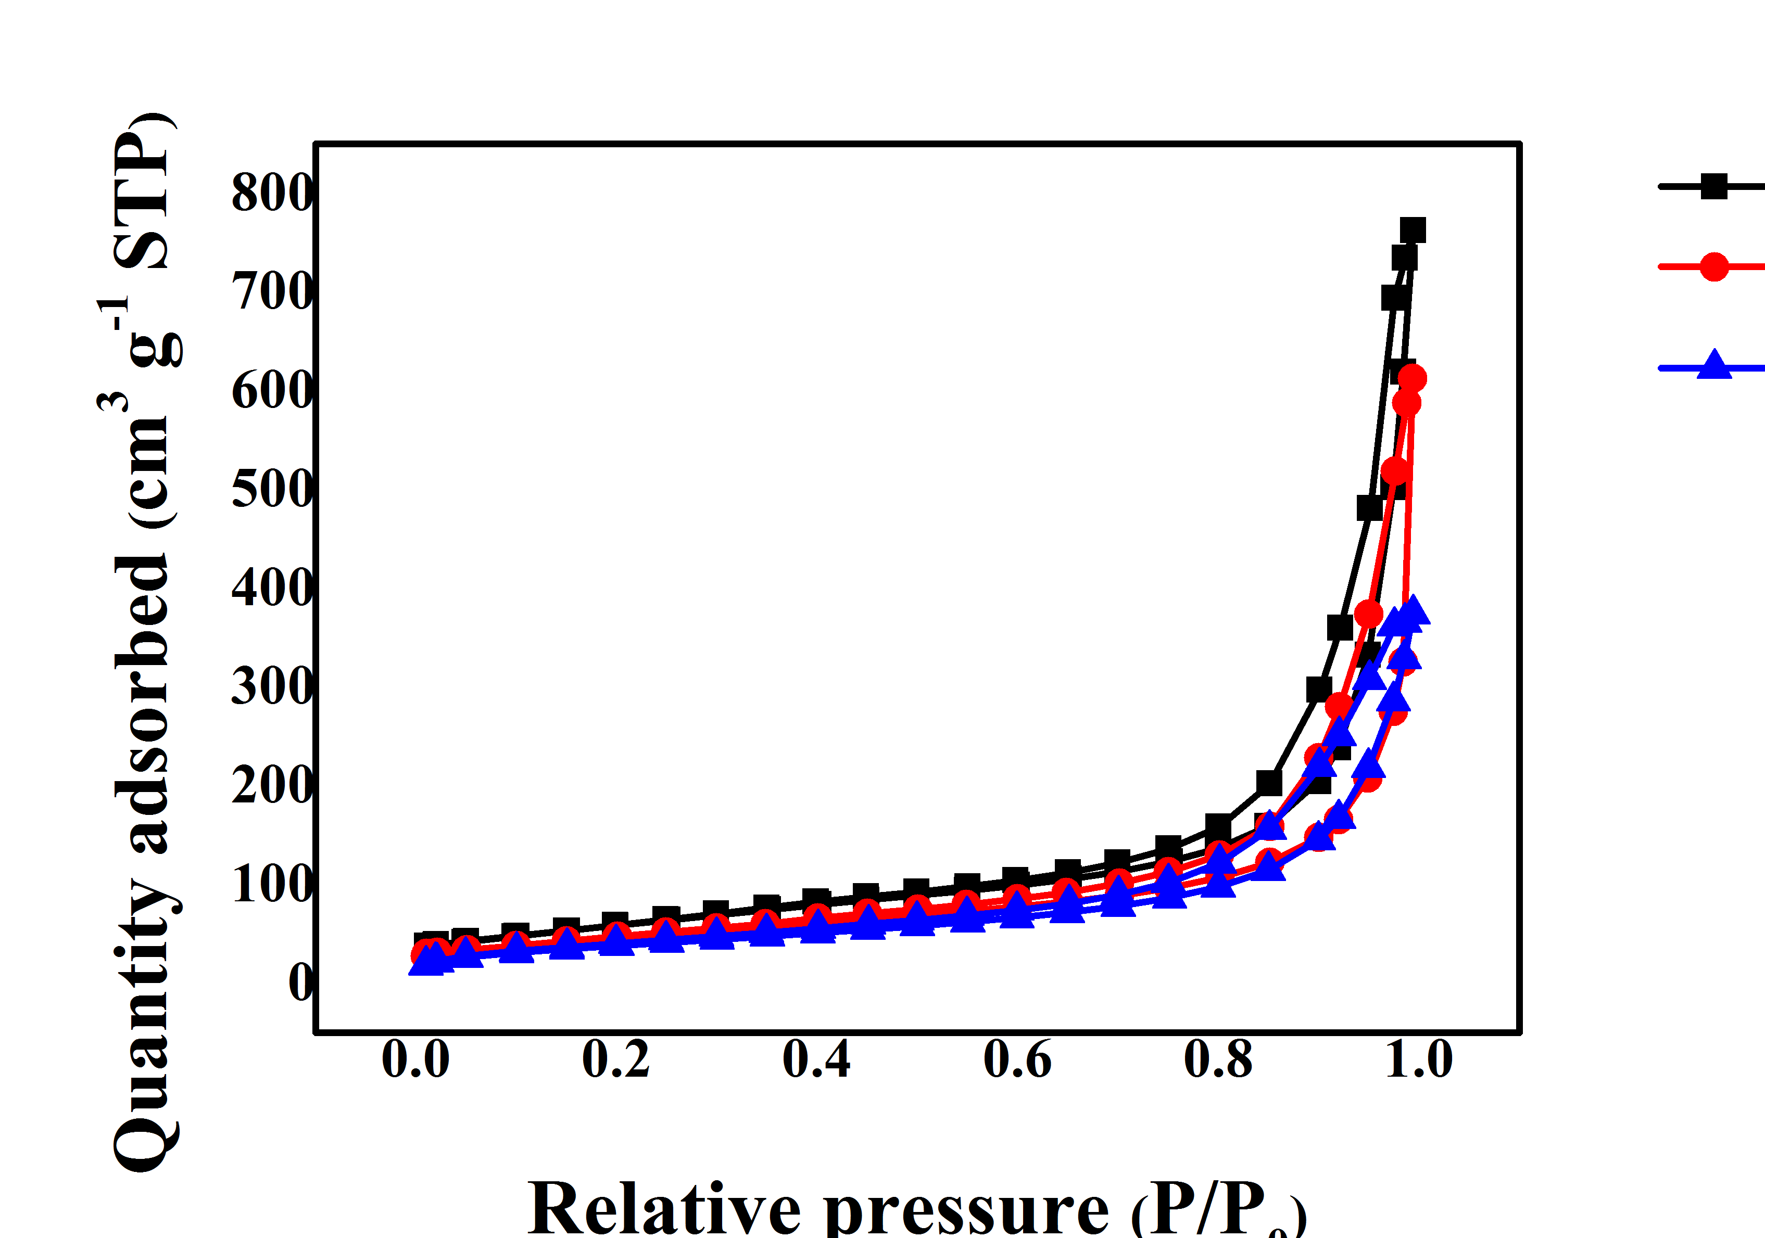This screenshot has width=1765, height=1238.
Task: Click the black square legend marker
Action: coord(1713,186)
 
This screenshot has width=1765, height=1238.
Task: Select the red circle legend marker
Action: coord(1713,266)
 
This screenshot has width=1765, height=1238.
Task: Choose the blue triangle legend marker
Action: coord(1713,364)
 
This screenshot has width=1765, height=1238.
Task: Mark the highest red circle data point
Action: coord(1412,378)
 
